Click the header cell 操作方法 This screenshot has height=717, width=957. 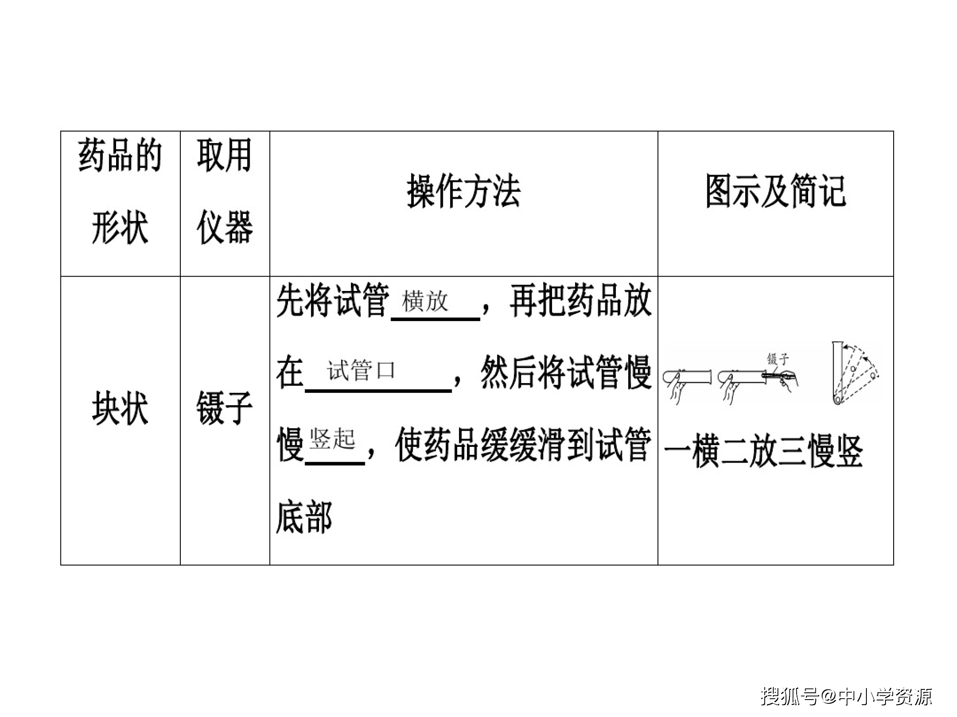pyautogui.click(x=463, y=192)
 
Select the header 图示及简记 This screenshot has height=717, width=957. pyautogui.click(x=776, y=192)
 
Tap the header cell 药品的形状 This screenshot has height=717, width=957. pyautogui.click(x=120, y=191)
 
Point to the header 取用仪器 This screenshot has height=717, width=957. pyautogui.click(x=225, y=191)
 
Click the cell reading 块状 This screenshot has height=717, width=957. pyautogui.click(x=120, y=409)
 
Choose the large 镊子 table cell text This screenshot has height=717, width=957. pyautogui.click(x=225, y=409)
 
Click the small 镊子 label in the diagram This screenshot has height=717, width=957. pyautogui.click(x=778, y=359)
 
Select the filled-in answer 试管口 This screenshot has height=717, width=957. pyautogui.click(x=361, y=370)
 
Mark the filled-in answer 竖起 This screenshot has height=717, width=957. pyautogui.click(x=332, y=439)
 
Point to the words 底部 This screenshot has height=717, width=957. pyautogui.click(x=304, y=517)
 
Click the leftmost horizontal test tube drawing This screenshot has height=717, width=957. pyautogui.click(x=687, y=377)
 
